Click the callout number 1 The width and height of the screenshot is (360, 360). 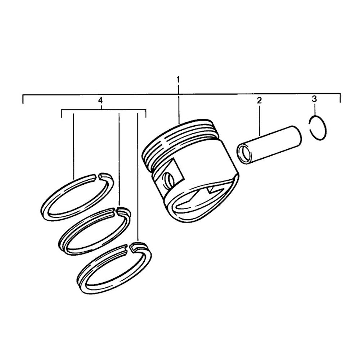(x=178, y=80)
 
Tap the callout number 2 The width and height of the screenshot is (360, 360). (x=259, y=100)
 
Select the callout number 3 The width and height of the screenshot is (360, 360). (x=314, y=99)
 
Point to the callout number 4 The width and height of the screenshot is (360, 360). (x=100, y=100)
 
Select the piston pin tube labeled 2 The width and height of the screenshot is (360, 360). (x=269, y=145)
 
